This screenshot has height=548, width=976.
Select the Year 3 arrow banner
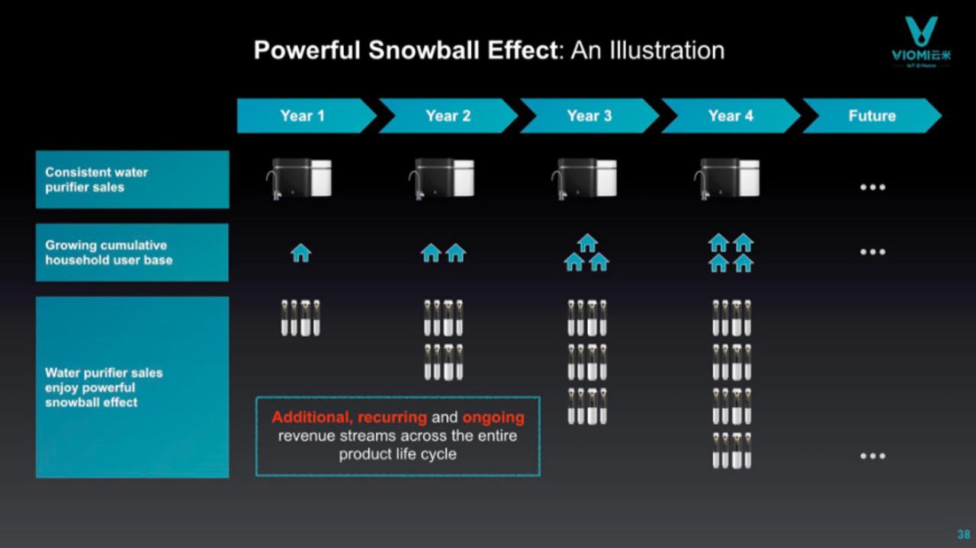coord(589,116)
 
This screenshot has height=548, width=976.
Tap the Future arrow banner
coord(872,116)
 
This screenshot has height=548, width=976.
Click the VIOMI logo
coord(921,42)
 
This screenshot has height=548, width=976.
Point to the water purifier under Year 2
coord(441,179)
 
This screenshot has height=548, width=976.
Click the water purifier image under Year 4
coord(727,179)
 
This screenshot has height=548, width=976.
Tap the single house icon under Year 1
coord(301,253)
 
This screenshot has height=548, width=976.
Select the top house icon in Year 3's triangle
coord(587,243)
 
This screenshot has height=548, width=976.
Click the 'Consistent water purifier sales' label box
coord(133,179)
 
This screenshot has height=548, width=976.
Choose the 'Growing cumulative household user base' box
coord(133,252)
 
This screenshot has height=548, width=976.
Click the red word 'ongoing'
coord(493,418)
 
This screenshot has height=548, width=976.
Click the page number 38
coord(963,534)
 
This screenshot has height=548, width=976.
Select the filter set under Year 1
coord(300,318)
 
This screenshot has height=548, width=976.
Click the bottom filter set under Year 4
coord(731,451)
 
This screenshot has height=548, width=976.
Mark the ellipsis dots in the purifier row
coord(873,187)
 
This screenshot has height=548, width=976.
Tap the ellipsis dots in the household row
coord(873,252)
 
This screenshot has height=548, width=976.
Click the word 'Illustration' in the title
coord(667,50)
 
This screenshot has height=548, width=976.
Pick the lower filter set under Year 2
coord(444,363)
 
